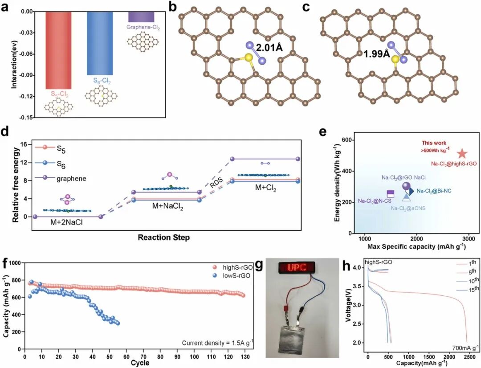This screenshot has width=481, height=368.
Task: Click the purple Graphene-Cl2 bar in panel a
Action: click(141, 16)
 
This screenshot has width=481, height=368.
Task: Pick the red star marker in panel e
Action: click(462, 154)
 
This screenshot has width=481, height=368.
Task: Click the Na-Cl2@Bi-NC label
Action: click(434, 191)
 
